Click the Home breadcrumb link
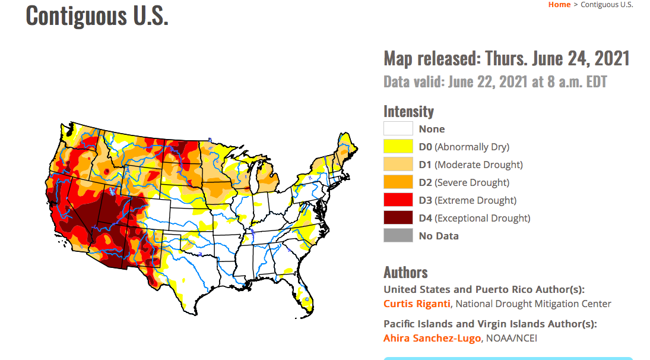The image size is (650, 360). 559,5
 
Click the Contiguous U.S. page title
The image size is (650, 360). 97,15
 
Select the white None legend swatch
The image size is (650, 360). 398,129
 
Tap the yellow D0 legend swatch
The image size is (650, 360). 398,147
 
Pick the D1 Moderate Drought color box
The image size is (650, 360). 398,165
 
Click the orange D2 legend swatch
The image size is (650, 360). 398,182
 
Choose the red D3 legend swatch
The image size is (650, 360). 398,200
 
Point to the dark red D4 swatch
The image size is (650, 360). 398,218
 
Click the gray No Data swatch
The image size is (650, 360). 398,236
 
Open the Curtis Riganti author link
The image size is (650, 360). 417,304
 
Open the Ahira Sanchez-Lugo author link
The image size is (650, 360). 432,338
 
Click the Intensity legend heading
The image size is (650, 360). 408,111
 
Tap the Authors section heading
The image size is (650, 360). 405,272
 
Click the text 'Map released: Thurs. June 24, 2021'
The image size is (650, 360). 506,59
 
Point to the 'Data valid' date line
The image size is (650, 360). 495,81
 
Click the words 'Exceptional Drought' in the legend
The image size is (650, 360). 482,218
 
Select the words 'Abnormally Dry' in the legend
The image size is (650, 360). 472,147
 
